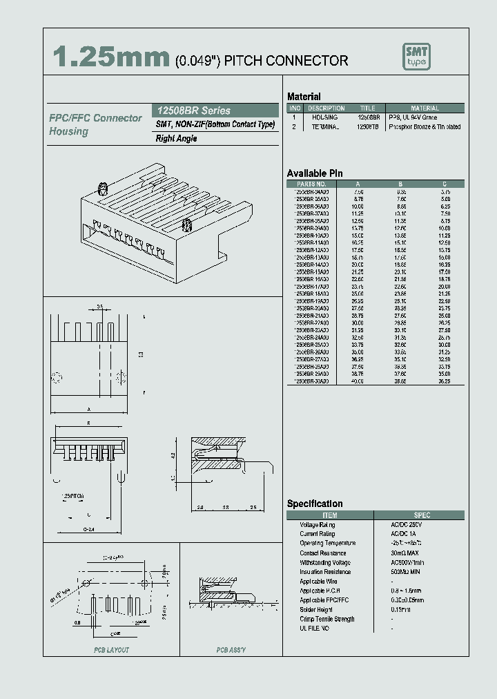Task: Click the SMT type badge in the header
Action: click(416, 57)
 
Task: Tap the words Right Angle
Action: click(177, 138)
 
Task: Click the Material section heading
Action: click(304, 97)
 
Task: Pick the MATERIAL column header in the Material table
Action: click(425, 108)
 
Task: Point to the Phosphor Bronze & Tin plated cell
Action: click(425, 127)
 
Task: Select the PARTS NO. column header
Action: click(311, 184)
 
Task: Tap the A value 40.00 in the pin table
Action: click(358, 381)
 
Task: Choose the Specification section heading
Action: click(315, 504)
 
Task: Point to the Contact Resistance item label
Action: click(322, 553)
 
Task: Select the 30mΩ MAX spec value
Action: click(405, 553)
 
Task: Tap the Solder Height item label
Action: click(317, 610)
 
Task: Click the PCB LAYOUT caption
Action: click(111, 650)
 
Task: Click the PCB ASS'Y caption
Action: click(231, 650)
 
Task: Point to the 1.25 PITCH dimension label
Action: click(70, 497)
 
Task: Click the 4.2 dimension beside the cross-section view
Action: click(172, 457)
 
